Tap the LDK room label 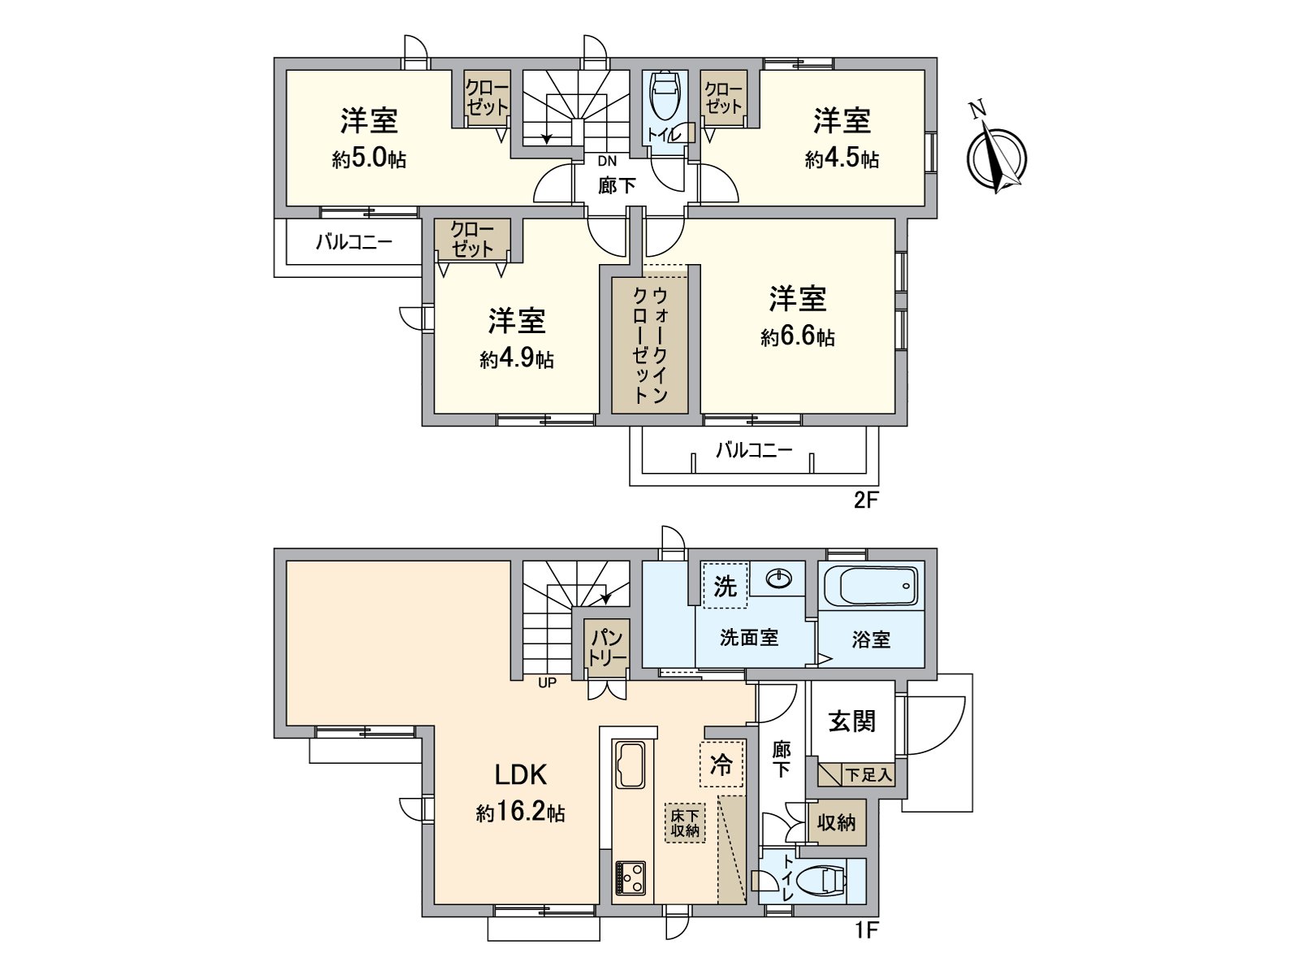521,775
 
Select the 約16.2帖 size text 520,812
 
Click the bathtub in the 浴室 871,586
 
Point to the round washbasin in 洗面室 779,578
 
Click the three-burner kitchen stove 630,879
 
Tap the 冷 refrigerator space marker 721,765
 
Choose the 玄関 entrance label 851,721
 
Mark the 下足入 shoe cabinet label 869,774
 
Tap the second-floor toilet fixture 665,94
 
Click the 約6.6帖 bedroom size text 798,337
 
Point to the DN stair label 607,161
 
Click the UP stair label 548,682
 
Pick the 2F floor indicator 865,501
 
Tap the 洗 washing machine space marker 725,586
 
